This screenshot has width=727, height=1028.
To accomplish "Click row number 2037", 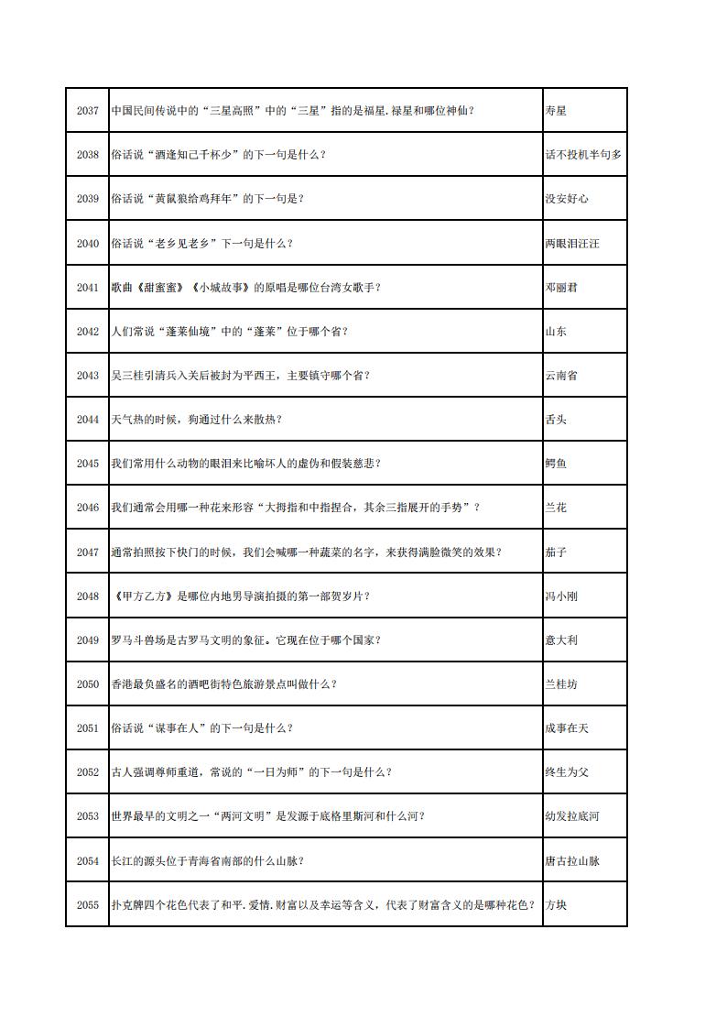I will [x=87, y=111].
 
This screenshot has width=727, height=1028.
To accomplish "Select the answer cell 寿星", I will [x=556, y=111].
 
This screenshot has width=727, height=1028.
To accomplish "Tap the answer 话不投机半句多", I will [x=583, y=155].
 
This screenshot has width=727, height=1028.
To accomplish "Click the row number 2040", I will [x=87, y=244].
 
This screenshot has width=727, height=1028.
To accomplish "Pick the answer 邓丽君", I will [x=561, y=288].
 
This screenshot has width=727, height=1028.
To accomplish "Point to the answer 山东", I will [x=556, y=332].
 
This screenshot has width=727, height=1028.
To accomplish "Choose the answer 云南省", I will [x=561, y=376].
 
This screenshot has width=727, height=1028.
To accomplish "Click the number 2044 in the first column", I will [x=87, y=420].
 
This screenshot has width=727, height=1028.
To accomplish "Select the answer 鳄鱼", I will [x=556, y=464].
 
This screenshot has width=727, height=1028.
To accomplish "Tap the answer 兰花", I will [x=556, y=508].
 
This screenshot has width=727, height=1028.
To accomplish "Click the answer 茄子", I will [x=556, y=552].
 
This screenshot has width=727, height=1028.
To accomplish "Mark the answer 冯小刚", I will [x=561, y=596].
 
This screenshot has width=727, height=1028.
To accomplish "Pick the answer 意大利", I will [x=561, y=640].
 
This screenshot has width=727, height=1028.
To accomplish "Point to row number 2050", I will [x=87, y=684].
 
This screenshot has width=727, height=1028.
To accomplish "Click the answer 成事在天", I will [x=567, y=728].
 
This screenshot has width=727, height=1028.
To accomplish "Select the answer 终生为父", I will [x=567, y=772].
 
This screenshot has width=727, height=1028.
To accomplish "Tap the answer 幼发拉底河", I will [x=572, y=816].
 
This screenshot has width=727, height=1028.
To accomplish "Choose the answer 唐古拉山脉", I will [x=572, y=861].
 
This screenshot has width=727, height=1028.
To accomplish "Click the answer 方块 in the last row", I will [x=556, y=905].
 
